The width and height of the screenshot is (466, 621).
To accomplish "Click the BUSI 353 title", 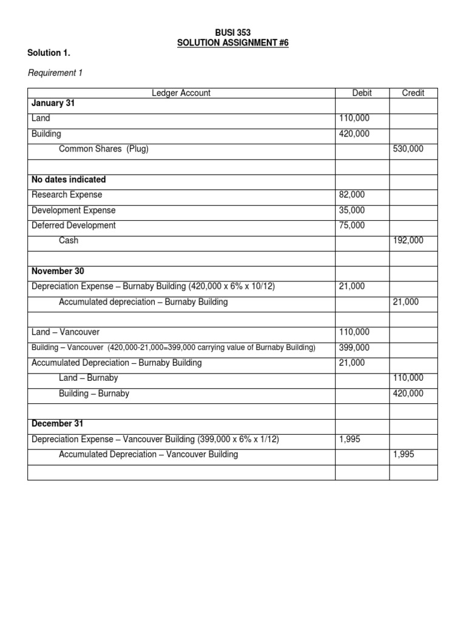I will pyautogui.click(x=233, y=32).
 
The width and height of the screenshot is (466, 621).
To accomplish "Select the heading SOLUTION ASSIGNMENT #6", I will pyautogui.click(x=233, y=42).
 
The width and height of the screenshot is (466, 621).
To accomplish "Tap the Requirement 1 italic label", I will pyautogui.click(x=55, y=73).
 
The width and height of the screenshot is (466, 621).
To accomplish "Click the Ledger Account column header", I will pyautogui.click(x=181, y=93).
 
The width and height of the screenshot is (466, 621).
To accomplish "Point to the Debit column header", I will pyautogui.click(x=362, y=93).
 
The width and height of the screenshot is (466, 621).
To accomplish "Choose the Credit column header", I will pyautogui.click(x=413, y=93).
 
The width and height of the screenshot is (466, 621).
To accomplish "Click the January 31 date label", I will pyautogui.click(x=53, y=103).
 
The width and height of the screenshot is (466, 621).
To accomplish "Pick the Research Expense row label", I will pyautogui.click(x=67, y=195).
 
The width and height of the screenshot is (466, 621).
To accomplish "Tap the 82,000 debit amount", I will pyautogui.click(x=352, y=195).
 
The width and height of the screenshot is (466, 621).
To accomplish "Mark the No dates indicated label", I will pyautogui.click(x=69, y=180).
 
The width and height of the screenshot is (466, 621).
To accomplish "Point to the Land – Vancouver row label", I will pyautogui.click(x=66, y=332).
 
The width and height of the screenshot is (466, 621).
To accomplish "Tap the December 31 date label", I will pyautogui.click(x=57, y=423).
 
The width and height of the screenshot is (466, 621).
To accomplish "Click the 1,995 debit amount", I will pyautogui.click(x=349, y=439).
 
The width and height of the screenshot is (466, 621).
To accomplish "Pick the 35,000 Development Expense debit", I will pyautogui.click(x=352, y=210).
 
